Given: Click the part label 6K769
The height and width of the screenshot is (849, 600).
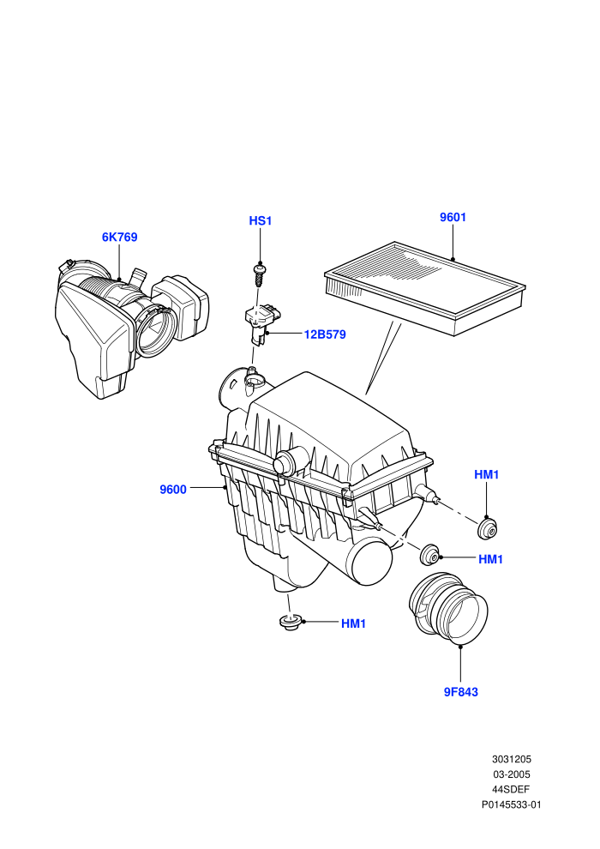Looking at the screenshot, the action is (119, 238).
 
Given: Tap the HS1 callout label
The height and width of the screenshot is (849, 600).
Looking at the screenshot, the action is (261, 221).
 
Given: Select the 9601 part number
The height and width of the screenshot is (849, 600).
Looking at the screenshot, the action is (453, 217).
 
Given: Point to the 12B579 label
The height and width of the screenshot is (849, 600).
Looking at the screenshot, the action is (325, 334).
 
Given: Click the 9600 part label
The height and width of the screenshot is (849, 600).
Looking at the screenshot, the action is (173, 490).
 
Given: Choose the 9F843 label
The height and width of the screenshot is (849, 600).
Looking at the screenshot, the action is (461, 692).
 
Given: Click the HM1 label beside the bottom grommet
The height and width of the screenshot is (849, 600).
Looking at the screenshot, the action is (353, 623).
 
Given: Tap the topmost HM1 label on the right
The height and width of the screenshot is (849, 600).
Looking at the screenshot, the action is (486, 475).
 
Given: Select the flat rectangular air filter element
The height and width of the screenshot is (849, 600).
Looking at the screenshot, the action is (425, 288).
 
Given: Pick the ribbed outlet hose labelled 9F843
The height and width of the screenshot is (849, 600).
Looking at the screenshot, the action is (448, 609).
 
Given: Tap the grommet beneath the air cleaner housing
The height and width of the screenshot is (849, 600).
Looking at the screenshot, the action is (291, 622).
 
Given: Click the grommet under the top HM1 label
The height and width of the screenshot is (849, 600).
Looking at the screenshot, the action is (488, 528).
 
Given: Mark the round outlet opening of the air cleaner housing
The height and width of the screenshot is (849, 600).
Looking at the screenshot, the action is (371, 565).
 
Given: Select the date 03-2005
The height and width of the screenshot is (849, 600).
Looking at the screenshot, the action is (511, 774).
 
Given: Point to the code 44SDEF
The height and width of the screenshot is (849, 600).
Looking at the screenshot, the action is (511, 790).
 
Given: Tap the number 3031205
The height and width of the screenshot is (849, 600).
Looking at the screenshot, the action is (511, 759).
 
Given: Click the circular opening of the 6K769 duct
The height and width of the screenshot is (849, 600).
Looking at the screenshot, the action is (155, 331).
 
